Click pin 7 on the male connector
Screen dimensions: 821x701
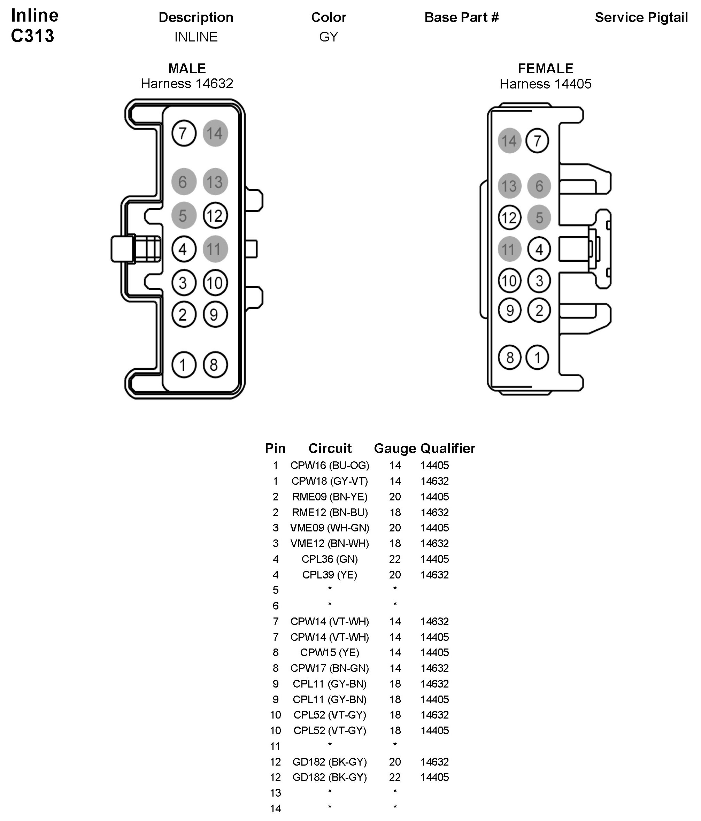[184, 133]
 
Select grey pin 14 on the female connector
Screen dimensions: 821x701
[509, 141]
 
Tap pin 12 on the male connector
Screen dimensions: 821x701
[215, 216]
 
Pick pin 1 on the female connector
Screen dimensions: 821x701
[537, 358]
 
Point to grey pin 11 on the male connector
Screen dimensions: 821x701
[215, 249]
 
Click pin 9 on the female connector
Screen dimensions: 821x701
[510, 310]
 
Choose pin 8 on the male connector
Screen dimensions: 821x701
[215, 365]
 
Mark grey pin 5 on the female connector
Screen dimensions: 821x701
[539, 217]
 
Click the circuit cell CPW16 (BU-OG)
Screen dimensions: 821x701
[330, 465]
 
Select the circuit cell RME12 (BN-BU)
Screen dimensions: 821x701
[330, 512]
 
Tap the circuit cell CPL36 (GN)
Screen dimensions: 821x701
[330, 559]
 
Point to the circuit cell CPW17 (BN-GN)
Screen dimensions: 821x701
[330, 668]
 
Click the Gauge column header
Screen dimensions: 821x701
[395, 448]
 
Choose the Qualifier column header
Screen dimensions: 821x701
[447, 448]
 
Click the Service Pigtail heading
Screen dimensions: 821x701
[641, 17]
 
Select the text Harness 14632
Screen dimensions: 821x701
[187, 84]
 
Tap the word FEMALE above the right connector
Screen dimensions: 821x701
[545, 69]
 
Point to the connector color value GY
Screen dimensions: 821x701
[329, 37]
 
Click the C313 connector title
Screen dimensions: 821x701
[32, 36]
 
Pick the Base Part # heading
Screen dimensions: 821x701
[461, 17]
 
